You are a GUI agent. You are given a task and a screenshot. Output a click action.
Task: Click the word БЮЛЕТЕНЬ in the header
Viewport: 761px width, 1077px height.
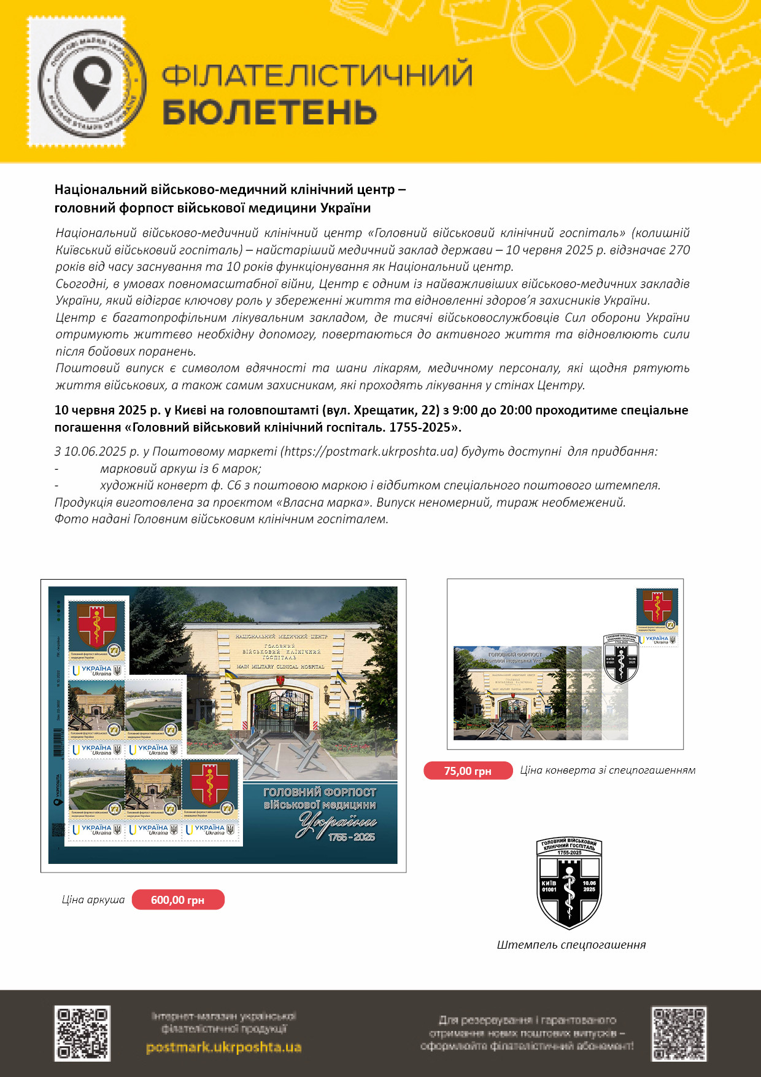269,112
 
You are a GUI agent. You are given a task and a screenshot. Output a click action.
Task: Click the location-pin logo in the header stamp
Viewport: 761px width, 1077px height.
92,82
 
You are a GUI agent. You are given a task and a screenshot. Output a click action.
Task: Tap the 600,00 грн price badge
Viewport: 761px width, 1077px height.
178,900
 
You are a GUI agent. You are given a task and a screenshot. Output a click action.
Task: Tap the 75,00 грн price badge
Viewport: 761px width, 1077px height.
468,771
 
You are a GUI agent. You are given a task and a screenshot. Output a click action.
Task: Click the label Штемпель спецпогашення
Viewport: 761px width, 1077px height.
571,945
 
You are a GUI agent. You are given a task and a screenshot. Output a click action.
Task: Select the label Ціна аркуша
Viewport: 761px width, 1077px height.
93,900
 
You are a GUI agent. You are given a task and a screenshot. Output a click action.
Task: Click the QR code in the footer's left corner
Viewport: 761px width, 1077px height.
82,1033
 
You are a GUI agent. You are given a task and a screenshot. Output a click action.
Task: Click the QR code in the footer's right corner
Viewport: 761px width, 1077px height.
679,1034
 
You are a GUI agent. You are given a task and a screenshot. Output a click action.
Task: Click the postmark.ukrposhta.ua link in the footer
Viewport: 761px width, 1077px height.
223,1047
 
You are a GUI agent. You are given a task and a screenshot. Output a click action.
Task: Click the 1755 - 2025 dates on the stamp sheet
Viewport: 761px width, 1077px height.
351,837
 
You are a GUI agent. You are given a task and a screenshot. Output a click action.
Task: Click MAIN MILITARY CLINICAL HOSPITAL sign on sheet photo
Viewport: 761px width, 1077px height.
280,666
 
